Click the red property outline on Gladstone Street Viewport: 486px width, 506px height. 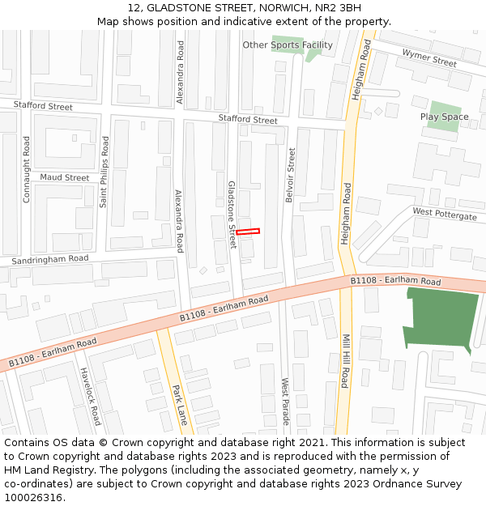pos(248,232)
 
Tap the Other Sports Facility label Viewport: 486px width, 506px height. pos(288,45)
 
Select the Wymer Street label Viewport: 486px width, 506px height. pos(429,57)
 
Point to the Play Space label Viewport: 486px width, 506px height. pos(444,117)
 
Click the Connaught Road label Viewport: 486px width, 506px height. pos(27,169)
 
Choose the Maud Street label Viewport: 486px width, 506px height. pos(65,177)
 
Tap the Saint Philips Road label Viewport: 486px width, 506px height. pos(104,172)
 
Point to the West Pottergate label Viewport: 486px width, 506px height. pos(445,215)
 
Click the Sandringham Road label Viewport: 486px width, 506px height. pos(50,260)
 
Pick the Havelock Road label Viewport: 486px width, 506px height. pos(90,397)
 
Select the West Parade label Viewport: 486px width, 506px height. pos(285,398)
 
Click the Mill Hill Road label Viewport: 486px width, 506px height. pos(344,361)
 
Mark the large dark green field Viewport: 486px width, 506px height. pos(441,320)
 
